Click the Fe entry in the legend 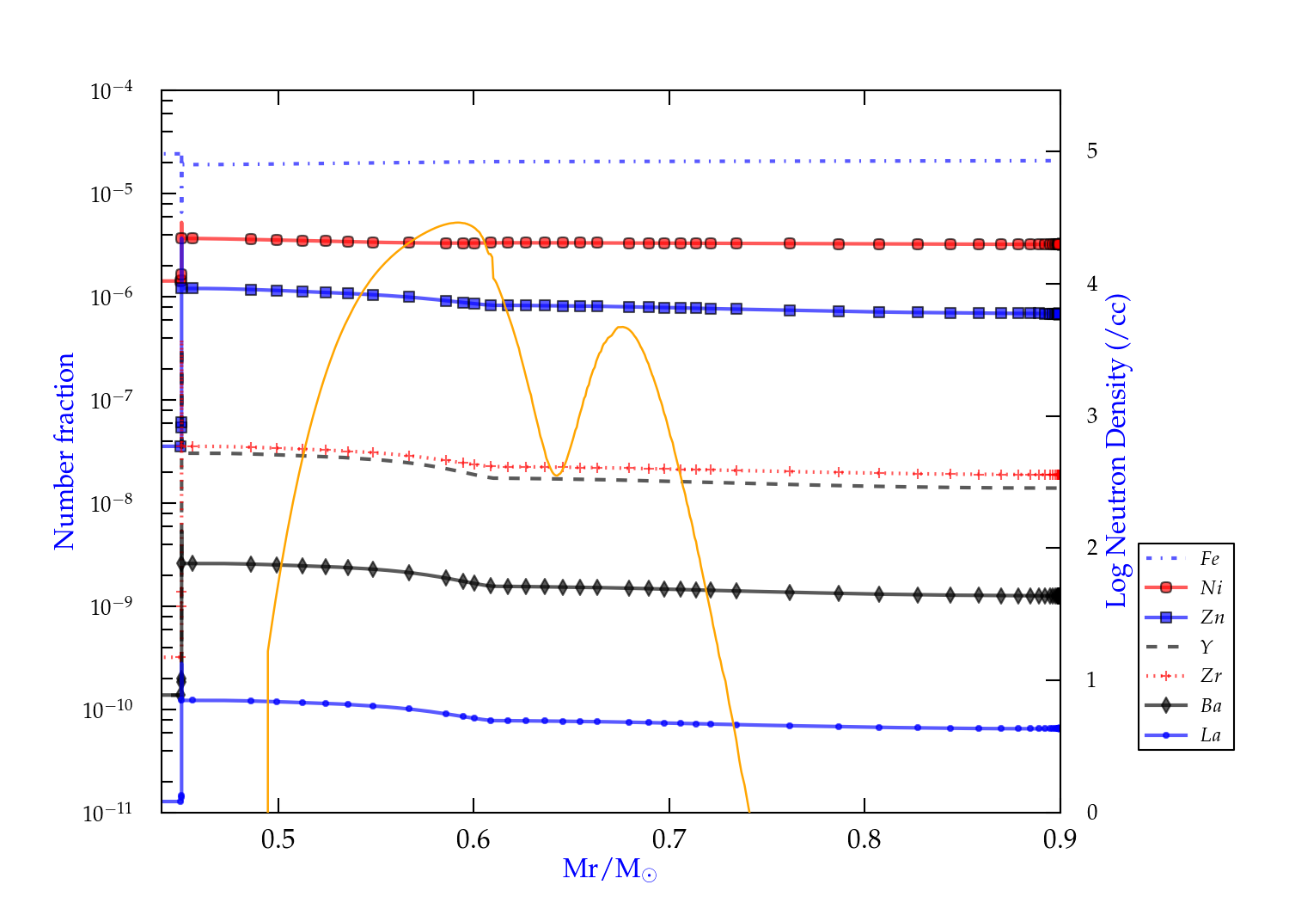click(x=1209, y=559)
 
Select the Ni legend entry click(x=1211, y=588)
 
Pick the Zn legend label click(x=1212, y=617)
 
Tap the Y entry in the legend click(x=1207, y=647)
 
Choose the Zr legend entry click(x=1211, y=676)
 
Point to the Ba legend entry click(x=1211, y=706)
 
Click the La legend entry click(x=1210, y=735)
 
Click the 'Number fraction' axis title click(x=64, y=451)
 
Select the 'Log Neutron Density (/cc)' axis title click(x=1116, y=451)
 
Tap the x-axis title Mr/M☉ click(x=609, y=869)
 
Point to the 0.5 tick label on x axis click(x=278, y=839)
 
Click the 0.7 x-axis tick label click(x=669, y=839)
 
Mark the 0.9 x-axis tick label click(x=1059, y=839)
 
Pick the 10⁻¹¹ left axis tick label click(x=108, y=813)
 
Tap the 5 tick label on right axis click(x=1091, y=151)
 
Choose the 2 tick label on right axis click(x=1091, y=548)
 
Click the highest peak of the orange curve click(x=458, y=223)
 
